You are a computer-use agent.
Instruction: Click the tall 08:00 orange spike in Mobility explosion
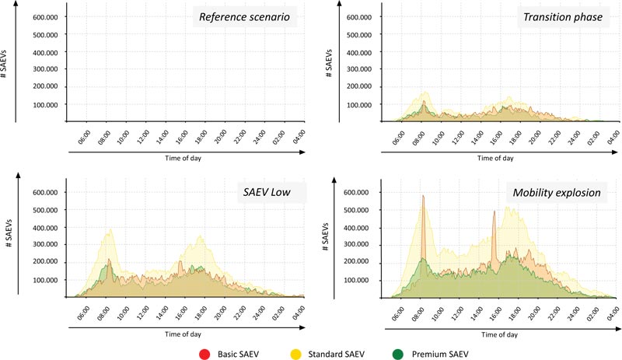tap(423, 197)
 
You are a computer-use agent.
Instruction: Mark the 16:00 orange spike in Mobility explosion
tap(494, 212)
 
